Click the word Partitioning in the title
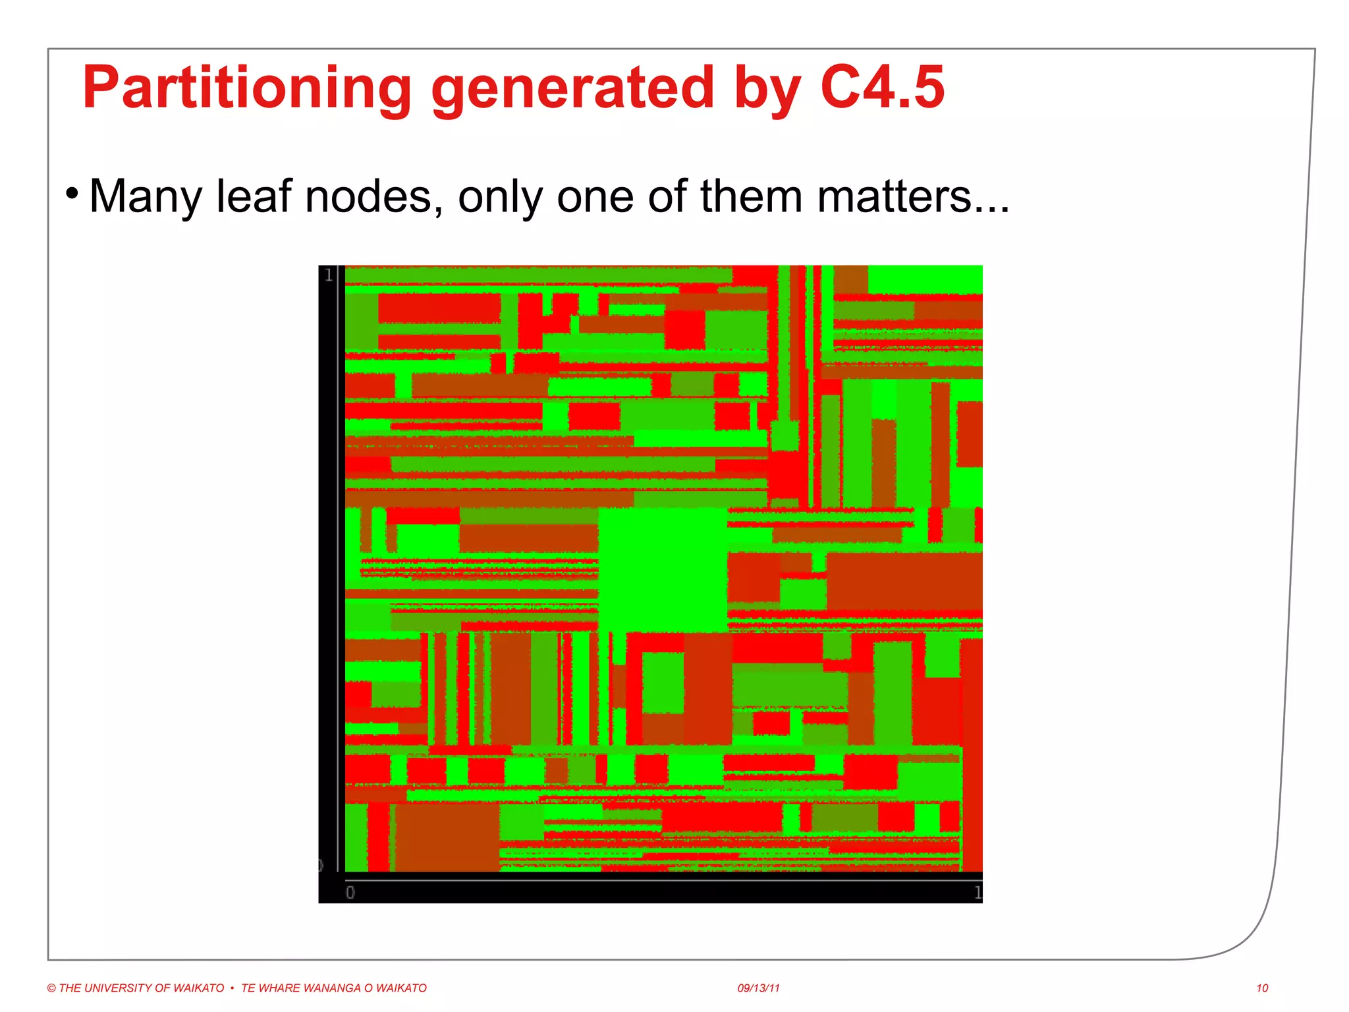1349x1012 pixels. pyautogui.click(x=247, y=89)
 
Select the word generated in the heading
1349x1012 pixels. pyautogui.click(x=572, y=89)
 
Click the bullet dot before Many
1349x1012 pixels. pyautogui.click(x=72, y=194)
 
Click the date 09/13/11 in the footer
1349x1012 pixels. pyautogui.click(x=758, y=988)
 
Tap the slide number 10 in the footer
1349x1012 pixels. pyautogui.click(x=1261, y=988)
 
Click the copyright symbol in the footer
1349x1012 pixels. pyautogui.click(x=51, y=988)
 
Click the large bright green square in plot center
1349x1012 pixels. pyautogui.click(x=662, y=570)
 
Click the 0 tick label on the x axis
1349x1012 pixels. pyautogui.click(x=350, y=893)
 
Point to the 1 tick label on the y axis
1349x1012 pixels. pyautogui.click(x=328, y=275)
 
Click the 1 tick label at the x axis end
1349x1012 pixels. pyautogui.click(x=977, y=893)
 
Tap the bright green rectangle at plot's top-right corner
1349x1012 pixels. pyautogui.click(x=925, y=279)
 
